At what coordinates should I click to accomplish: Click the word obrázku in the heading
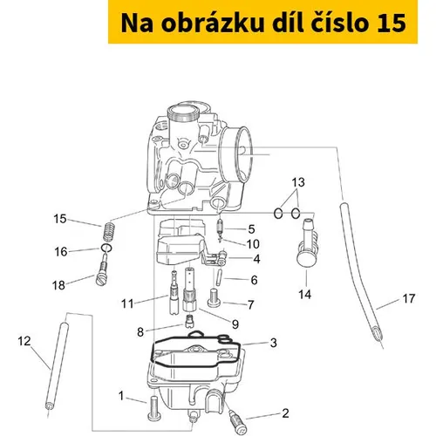[x=213, y=23]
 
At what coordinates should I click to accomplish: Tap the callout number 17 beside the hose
[x=408, y=298]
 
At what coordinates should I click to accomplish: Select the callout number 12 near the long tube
[x=24, y=341]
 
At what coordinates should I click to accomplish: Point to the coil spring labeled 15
[x=108, y=232]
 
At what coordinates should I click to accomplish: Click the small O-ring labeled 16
[x=106, y=249]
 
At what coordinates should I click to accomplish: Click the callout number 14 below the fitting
[x=305, y=295]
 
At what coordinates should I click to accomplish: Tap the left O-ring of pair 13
[x=278, y=214]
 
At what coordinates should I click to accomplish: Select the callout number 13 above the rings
[x=298, y=182]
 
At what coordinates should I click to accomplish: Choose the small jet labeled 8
[x=189, y=320]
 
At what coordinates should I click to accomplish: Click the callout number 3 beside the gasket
[x=273, y=343]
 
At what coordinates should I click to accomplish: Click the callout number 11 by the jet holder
[x=127, y=303]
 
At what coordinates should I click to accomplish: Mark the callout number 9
[x=235, y=324]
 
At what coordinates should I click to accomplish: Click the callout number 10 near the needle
[x=253, y=244]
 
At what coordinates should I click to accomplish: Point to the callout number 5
[x=252, y=229]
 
